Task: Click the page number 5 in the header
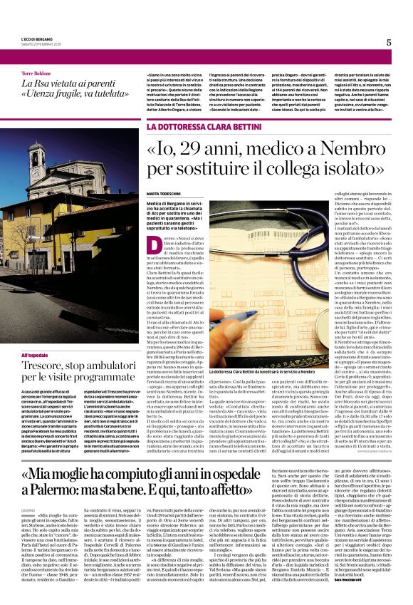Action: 389,42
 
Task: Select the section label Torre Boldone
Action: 36,73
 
